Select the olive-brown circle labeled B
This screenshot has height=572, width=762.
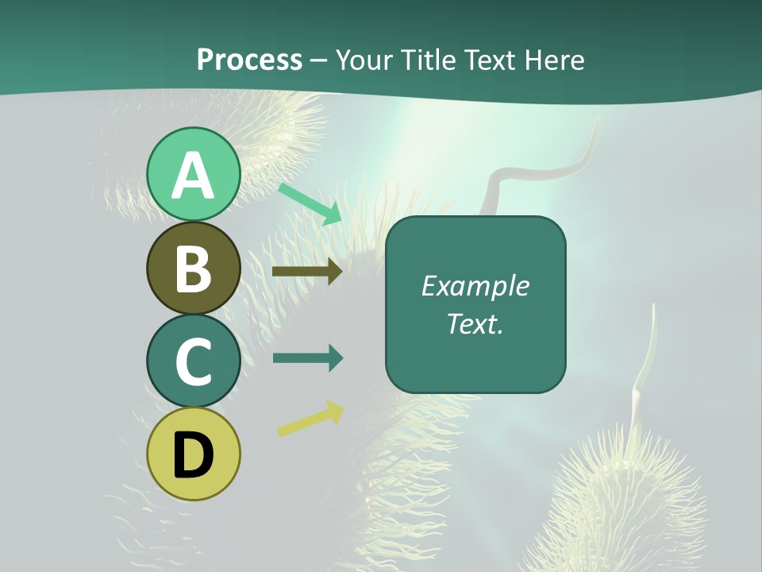(193, 269)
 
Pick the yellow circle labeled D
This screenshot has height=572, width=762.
(193, 454)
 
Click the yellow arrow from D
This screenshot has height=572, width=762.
(310, 419)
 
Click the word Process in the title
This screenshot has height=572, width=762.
(249, 60)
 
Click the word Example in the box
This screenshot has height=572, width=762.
(475, 286)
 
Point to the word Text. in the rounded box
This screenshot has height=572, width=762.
(475, 323)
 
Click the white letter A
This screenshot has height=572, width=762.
(193, 176)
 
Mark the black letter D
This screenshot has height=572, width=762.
(193, 456)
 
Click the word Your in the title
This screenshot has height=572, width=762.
(362, 60)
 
